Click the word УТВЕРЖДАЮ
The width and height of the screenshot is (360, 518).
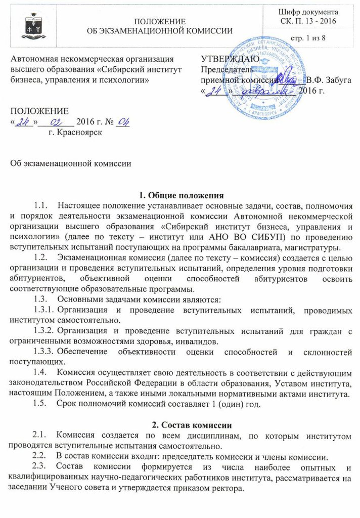tap(231, 59)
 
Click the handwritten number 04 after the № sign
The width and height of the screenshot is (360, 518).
tap(122, 122)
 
